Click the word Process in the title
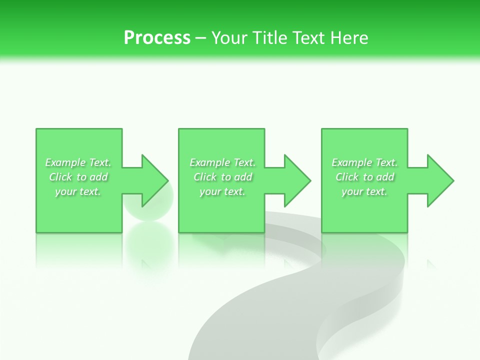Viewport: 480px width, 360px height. (x=157, y=37)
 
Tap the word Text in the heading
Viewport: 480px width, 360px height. (x=308, y=37)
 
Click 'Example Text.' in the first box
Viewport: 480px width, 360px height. (x=78, y=162)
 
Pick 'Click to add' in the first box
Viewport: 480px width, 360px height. (x=78, y=177)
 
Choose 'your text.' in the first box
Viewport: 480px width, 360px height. (x=78, y=191)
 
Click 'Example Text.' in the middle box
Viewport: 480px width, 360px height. (x=222, y=162)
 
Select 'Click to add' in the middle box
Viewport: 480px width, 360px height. (x=222, y=177)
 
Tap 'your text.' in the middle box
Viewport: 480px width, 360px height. (x=222, y=191)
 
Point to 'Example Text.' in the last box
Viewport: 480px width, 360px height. (x=364, y=162)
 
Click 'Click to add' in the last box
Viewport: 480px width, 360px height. (x=364, y=177)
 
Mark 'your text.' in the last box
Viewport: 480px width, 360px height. (x=364, y=191)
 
